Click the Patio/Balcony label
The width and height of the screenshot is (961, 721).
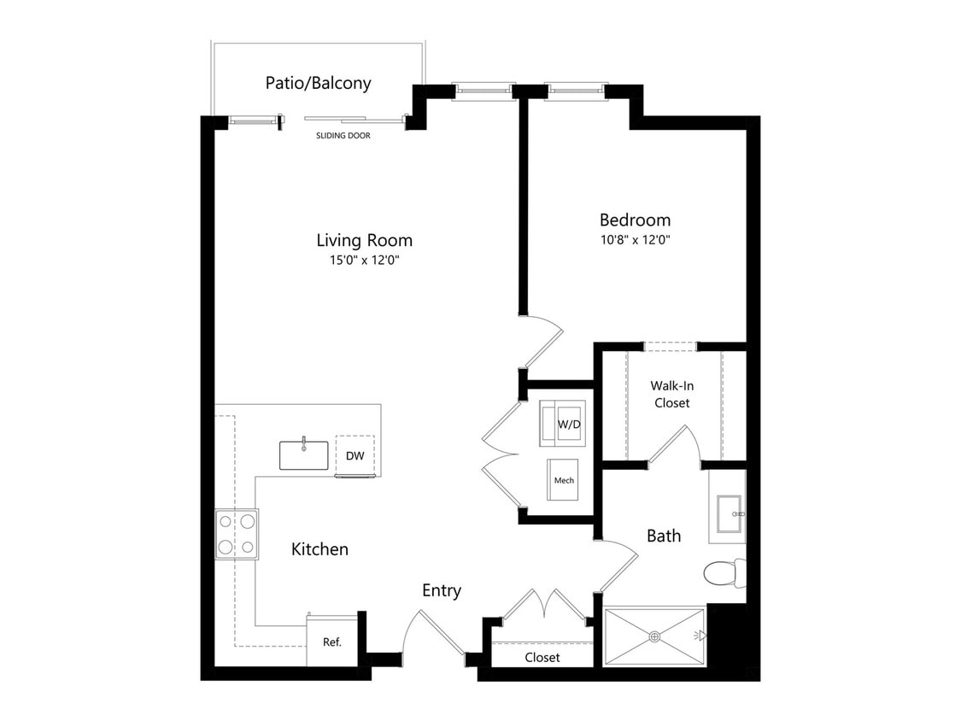(318, 84)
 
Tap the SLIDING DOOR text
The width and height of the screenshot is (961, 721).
(343, 136)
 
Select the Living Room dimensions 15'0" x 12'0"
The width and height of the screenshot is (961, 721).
(365, 260)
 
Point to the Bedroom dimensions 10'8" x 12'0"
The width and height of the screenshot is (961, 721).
(635, 240)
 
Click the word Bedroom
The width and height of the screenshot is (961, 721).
(635, 220)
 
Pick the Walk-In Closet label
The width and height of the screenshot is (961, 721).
(671, 394)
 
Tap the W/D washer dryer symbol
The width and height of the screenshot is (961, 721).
(563, 424)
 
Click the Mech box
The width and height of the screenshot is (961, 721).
(563, 479)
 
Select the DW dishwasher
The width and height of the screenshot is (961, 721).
(355, 455)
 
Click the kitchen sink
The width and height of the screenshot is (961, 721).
(303, 455)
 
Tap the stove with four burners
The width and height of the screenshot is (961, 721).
(237, 534)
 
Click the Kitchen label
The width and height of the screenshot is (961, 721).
(319, 549)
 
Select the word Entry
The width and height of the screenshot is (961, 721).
(442, 591)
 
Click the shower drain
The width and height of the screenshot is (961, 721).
(654, 637)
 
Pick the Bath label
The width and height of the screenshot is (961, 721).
(664, 536)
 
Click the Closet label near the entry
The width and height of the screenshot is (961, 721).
(542, 657)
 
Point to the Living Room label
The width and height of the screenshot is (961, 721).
(365, 240)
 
